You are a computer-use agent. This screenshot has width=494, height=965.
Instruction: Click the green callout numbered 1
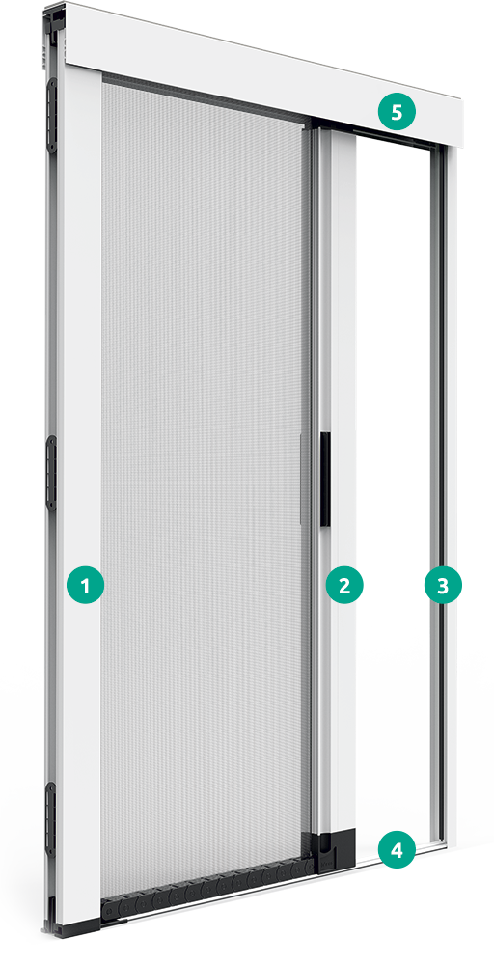[x=86, y=585]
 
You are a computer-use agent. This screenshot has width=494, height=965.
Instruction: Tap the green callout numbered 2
[x=344, y=585]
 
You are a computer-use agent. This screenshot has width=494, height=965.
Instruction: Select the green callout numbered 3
[x=443, y=585]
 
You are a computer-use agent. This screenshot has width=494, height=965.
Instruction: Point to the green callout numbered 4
[x=397, y=852]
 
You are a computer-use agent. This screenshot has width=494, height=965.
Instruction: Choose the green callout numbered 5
[x=397, y=112]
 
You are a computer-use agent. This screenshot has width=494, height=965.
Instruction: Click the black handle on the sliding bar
[x=325, y=479]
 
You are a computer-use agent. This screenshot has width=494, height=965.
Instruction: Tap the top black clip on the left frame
[x=52, y=115]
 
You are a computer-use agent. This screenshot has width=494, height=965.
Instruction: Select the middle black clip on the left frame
[x=52, y=473]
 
